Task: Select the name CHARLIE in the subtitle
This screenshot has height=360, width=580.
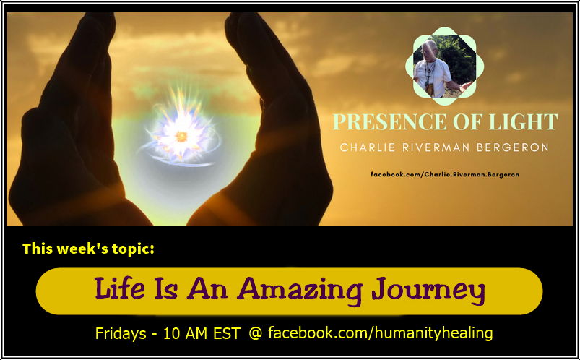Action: click(x=368, y=147)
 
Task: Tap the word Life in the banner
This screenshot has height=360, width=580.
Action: click(x=124, y=290)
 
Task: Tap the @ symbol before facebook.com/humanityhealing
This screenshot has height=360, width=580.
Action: click(x=256, y=334)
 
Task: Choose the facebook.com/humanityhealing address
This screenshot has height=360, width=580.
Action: click(x=380, y=334)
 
